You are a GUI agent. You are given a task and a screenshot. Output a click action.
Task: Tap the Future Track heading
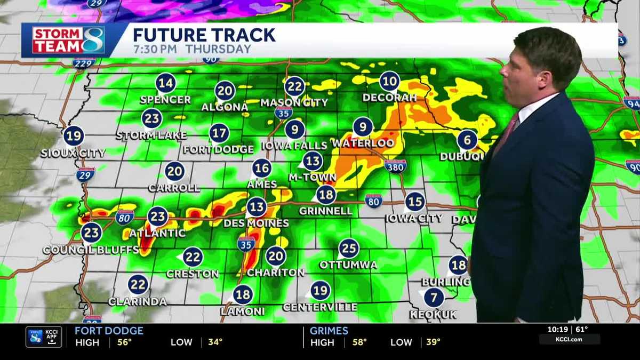coord(204,35)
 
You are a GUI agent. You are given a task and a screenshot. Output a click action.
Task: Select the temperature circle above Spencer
coord(166,83)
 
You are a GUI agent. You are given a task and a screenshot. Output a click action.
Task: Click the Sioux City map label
coord(73,154)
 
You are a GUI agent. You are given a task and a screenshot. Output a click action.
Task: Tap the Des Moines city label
coord(256,223)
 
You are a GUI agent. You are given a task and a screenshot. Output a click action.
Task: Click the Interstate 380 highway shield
coord(395,165)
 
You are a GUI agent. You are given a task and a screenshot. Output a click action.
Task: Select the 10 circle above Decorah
coord(390,81)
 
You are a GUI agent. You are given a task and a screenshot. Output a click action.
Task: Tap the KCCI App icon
coord(44,337)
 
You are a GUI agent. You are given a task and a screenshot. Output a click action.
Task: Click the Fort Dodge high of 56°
coord(124,342)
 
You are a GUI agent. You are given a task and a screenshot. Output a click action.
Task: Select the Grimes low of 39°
coord(433,342)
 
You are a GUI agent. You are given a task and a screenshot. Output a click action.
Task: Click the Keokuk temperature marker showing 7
coord(434,297)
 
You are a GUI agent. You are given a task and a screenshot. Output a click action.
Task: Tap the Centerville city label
coord(320,307)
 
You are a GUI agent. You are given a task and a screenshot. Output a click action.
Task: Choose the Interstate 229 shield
coord(84,63)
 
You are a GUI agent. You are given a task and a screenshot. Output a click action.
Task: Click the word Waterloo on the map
coord(363,143)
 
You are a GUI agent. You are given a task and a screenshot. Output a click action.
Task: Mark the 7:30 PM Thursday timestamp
coord(191,49)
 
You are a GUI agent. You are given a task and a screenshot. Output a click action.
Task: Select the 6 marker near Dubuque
coord(467,140)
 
